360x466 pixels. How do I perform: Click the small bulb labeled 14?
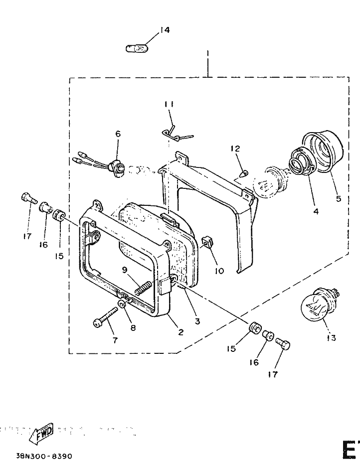pyautogui.click(x=137, y=48)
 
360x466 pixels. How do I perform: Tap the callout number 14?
pyautogui.click(x=165, y=30)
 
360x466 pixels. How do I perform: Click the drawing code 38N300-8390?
pyautogui.click(x=44, y=456)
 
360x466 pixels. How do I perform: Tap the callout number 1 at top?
pyautogui.click(x=207, y=53)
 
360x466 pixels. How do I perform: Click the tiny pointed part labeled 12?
pyautogui.click(x=244, y=173)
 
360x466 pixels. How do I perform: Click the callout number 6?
pyautogui.click(x=118, y=134)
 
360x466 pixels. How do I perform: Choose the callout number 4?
pyautogui.click(x=316, y=211)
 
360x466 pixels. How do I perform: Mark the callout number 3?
pyautogui.click(x=197, y=321)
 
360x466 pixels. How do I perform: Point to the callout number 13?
pyautogui.click(x=331, y=338)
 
